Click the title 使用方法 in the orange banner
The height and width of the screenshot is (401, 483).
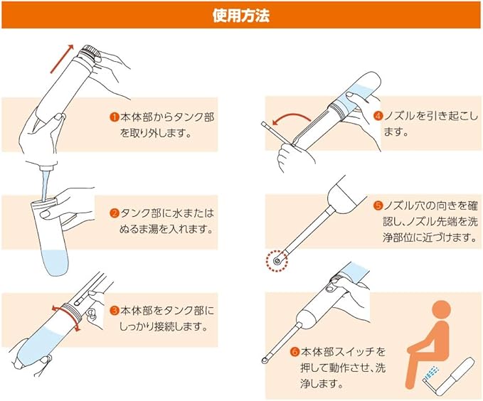[x=241, y=16]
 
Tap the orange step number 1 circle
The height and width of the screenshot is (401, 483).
[x=115, y=117]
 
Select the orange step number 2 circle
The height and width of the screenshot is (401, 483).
[x=115, y=213]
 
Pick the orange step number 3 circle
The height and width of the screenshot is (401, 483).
[x=115, y=310]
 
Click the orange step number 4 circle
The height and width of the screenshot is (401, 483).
[x=378, y=116]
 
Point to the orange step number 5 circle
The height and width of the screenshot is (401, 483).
[x=378, y=205]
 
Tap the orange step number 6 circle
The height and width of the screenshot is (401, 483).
[x=294, y=351]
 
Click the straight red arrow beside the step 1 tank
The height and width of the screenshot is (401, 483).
[x=62, y=59]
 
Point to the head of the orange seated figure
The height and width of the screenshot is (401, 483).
[x=442, y=311]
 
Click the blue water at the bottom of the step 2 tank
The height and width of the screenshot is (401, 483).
[x=55, y=262]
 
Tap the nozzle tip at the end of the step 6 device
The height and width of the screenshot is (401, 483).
[x=265, y=360]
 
